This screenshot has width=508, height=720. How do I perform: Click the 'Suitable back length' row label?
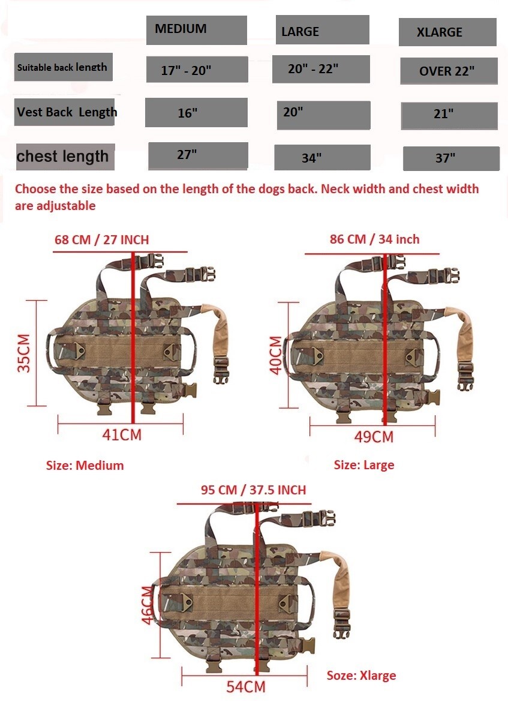click(63, 67)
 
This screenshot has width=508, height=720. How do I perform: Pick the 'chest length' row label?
click(64, 157)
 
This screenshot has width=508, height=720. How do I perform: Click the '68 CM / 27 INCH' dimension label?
click(101, 240)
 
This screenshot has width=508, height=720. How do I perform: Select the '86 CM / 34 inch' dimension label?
click(375, 239)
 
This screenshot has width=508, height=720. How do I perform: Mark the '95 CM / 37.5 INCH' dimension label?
click(253, 490)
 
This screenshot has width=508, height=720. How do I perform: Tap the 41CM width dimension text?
click(122, 435)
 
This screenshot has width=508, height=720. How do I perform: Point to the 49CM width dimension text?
click(374, 437)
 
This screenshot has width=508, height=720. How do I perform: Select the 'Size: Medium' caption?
click(85, 466)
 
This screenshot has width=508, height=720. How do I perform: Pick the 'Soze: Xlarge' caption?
click(361, 676)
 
